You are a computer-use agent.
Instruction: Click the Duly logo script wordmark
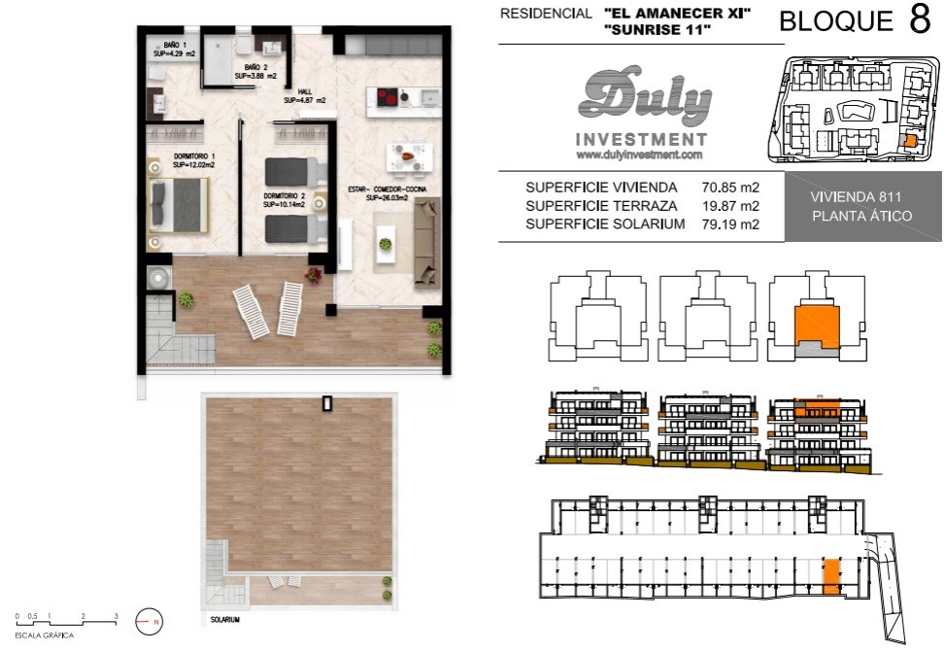click(x=645, y=96)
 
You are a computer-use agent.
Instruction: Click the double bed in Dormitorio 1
click(x=178, y=205)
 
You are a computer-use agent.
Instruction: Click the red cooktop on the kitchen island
click(x=387, y=97)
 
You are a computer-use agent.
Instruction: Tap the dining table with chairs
click(x=409, y=157)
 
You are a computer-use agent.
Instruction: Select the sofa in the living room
click(x=427, y=243)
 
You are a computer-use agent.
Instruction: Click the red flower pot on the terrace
click(x=314, y=276)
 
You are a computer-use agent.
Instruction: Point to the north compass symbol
click(x=150, y=621)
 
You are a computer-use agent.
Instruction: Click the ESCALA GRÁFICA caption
click(x=45, y=636)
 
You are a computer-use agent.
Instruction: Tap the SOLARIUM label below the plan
click(x=224, y=619)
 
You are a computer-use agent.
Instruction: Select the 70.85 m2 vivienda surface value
click(x=730, y=188)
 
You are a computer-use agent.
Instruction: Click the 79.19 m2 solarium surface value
click(x=730, y=224)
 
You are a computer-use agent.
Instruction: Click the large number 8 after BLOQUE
click(x=920, y=19)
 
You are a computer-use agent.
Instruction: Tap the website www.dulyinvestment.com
click(x=639, y=155)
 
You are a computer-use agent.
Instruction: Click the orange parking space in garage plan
click(x=831, y=576)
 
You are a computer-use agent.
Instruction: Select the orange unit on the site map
click(x=908, y=141)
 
